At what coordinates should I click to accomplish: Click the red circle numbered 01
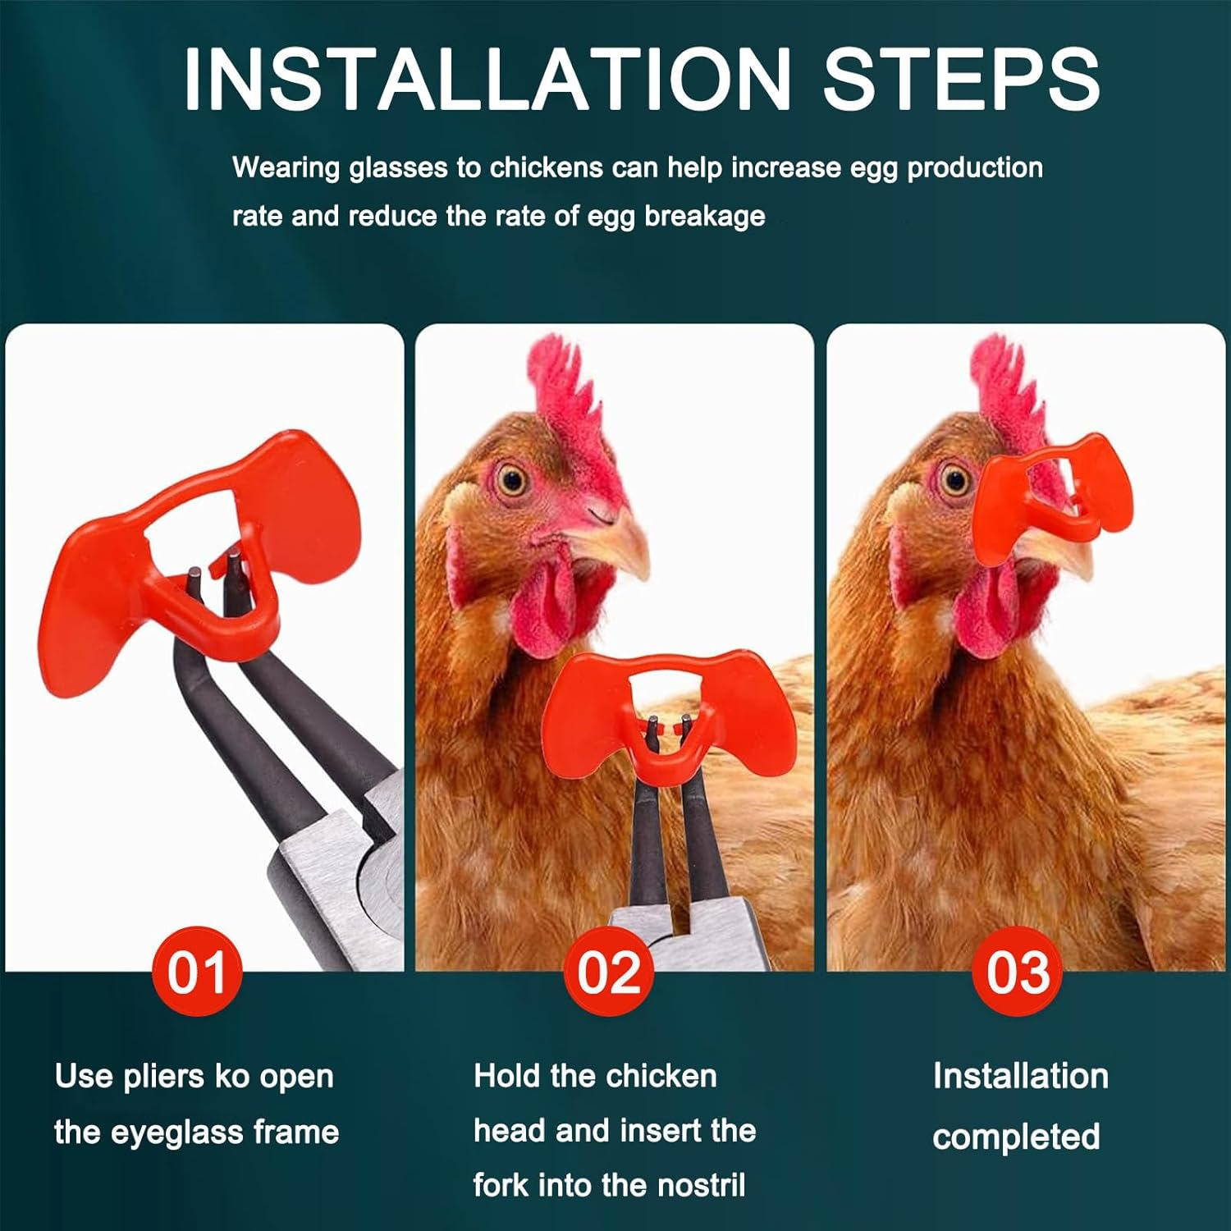pyautogui.click(x=197, y=972)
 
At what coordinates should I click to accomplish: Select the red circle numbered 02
pyautogui.click(x=608, y=972)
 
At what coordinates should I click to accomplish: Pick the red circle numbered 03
pyautogui.click(x=1018, y=972)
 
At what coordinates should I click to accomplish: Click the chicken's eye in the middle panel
pyautogui.click(x=512, y=479)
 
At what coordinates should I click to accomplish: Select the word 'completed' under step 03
pyautogui.click(x=1016, y=1137)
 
